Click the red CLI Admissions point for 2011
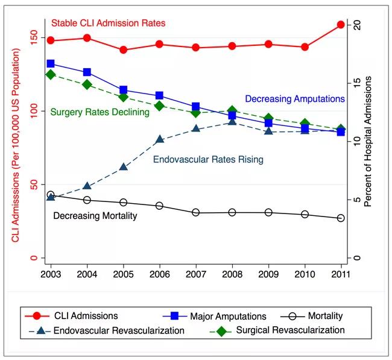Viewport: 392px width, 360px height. click(x=341, y=25)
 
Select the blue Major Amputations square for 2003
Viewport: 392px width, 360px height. click(x=51, y=63)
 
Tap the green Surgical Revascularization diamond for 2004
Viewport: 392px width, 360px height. click(x=87, y=85)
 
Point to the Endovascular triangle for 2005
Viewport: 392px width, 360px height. click(x=123, y=166)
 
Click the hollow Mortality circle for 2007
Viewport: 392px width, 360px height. click(x=196, y=212)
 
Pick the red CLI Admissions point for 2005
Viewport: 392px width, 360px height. click(x=123, y=50)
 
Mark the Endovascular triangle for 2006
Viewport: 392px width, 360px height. click(x=159, y=139)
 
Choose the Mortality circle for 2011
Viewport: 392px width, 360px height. click(x=341, y=218)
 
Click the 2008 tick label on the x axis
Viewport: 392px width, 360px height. click(x=232, y=274)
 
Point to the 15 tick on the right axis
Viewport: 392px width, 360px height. click(x=357, y=82)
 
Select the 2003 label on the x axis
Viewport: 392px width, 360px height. click(x=51, y=274)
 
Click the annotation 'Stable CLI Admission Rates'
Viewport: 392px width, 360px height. click(x=108, y=24)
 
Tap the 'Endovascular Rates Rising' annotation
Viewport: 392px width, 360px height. click(x=208, y=160)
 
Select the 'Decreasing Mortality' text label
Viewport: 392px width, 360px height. click(x=95, y=216)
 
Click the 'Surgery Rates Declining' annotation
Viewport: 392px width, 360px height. click(x=100, y=112)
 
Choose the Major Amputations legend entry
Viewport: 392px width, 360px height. click(x=214, y=316)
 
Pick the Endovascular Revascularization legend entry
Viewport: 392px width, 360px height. click(x=107, y=330)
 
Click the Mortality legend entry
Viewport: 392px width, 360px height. click(x=312, y=316)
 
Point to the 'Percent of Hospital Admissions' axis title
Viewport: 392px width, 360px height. click(x=367, y=142)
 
